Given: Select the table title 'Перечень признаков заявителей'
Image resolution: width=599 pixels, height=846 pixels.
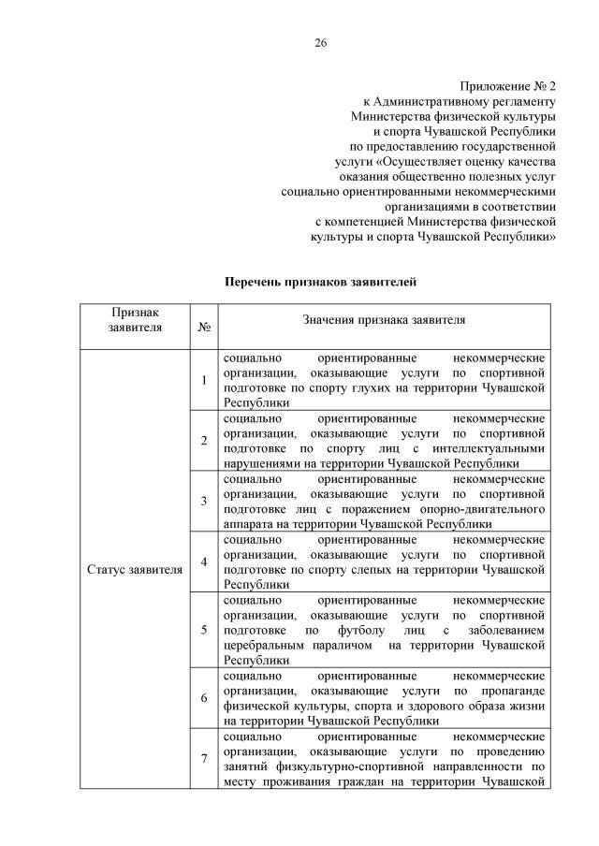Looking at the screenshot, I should tap(319, 282).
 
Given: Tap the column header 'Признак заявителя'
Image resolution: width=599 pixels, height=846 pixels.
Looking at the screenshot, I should tap(135, 319).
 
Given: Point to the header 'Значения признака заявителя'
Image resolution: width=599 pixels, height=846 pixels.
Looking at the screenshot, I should tap(384, 320).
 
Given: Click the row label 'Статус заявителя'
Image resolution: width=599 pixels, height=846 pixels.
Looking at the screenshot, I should tap(135, 569).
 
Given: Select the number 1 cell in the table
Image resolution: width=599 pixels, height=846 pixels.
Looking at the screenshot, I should tap(204, 379).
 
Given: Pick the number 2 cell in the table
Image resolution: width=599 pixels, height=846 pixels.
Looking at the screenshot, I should tap(204, 440).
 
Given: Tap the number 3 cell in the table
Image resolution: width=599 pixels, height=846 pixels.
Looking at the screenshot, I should tap(204, 501).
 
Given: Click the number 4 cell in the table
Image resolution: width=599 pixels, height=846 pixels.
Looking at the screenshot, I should tap(204, 562).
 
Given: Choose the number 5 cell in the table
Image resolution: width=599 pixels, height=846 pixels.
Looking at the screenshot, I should tap(204, 629).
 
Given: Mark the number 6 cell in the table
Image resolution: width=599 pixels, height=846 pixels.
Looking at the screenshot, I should tap(204, 697).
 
